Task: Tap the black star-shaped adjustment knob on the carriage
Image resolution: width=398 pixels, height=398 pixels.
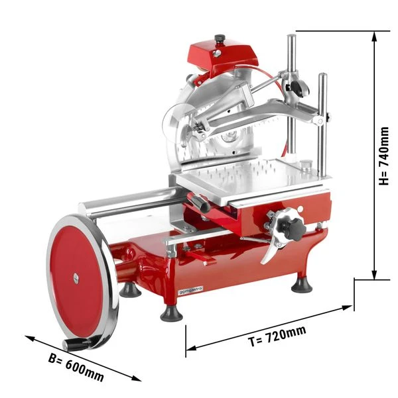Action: pyautogui.click(x=291, y=227)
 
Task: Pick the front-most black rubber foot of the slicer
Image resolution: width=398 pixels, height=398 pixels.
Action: pyautogui.click(x=170, y=311)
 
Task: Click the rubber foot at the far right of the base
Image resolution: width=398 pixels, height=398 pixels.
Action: pyautogui.click(x=302, y=283)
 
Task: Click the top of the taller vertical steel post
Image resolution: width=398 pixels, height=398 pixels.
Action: pyautogui.click(x=291, y=37)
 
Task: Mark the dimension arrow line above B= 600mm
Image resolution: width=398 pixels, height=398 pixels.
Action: pyautogui.click(x=83, y=357)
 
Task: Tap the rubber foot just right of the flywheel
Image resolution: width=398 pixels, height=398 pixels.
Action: pyautogui.click(x=131, y=289)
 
